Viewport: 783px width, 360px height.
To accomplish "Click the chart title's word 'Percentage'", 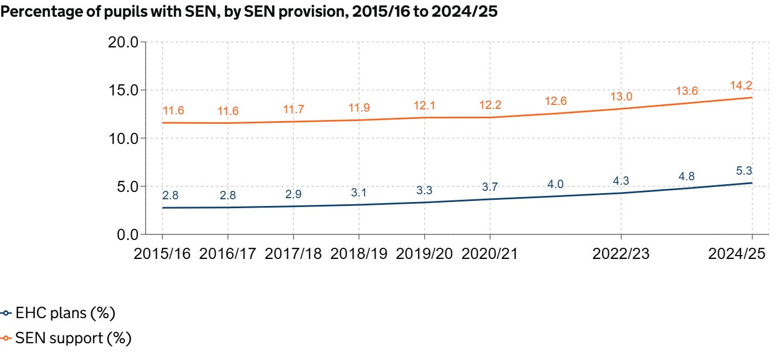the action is pyautogui.click(x=50, y=12).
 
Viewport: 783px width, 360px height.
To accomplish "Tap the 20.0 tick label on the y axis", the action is pyautogui.click(x=123, y=42).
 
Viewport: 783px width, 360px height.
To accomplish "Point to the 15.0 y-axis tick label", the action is pyautogui.click(x=123, y=90).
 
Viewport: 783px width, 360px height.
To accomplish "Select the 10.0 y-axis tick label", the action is pyautogui.click(x=123, y=139).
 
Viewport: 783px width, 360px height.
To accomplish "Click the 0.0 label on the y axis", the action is pyautogui.click(x=128, y=235).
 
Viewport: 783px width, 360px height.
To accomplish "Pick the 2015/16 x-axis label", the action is pyautogui.click(x=162, y=254).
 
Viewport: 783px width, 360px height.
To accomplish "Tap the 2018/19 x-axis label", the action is pyautogui.click(x=359, y=254).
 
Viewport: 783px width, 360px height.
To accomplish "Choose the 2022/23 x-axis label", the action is pyautogui.click(x=621, y=254).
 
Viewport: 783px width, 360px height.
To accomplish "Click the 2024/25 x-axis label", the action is pyautogui.click(x=737, y=254).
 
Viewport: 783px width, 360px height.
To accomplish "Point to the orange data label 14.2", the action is pyautogui.click(x=741, y=85).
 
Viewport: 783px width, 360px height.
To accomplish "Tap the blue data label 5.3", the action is pyautogui.click(x=744, y=171).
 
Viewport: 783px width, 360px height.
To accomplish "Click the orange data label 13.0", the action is pyautogui.click(x=621, y=97).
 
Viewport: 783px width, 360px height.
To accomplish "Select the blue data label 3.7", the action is pyautogui.click(x=490, y=187).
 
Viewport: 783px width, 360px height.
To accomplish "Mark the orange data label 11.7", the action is pyautogui.click(x=293, y=109).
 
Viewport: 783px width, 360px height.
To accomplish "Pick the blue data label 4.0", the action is pyautogui.click(x=555, y=184).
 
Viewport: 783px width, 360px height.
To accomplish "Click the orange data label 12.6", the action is pyautogui.click(x=555, y=101).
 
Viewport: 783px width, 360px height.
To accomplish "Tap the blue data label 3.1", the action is pyautogui.click(x=359, y=193).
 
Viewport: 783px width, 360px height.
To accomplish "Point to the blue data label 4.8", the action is pyautogui.click(x=686, y=176).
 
